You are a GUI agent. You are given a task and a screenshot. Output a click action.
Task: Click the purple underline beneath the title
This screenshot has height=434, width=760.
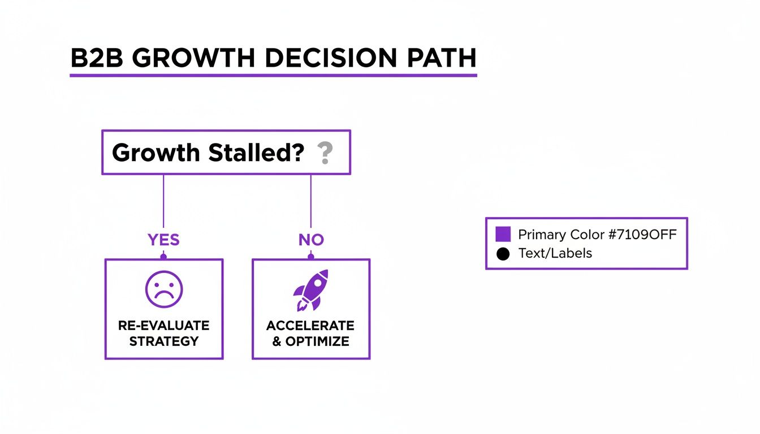pos(273,75)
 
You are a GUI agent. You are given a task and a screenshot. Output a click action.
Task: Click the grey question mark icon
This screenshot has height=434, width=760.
pos(324,153)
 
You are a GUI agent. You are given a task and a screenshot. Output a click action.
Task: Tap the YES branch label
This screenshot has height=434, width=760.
pos(163,240)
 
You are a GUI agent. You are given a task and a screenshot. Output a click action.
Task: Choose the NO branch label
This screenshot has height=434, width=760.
pos(311,240)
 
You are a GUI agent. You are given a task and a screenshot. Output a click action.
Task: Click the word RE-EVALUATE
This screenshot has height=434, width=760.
pos(164,325)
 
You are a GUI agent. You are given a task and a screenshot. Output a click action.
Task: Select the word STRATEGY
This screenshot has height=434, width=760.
pos(164,341)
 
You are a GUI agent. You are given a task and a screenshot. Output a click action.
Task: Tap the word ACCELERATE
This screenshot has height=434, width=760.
pos(310,325)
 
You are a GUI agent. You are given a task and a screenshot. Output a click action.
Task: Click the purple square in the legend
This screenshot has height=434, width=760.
pos(503,234)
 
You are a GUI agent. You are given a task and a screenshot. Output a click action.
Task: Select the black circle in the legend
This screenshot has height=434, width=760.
pos(503,254)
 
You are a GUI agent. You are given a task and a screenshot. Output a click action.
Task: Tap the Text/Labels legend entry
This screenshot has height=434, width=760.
pos(555,253)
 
